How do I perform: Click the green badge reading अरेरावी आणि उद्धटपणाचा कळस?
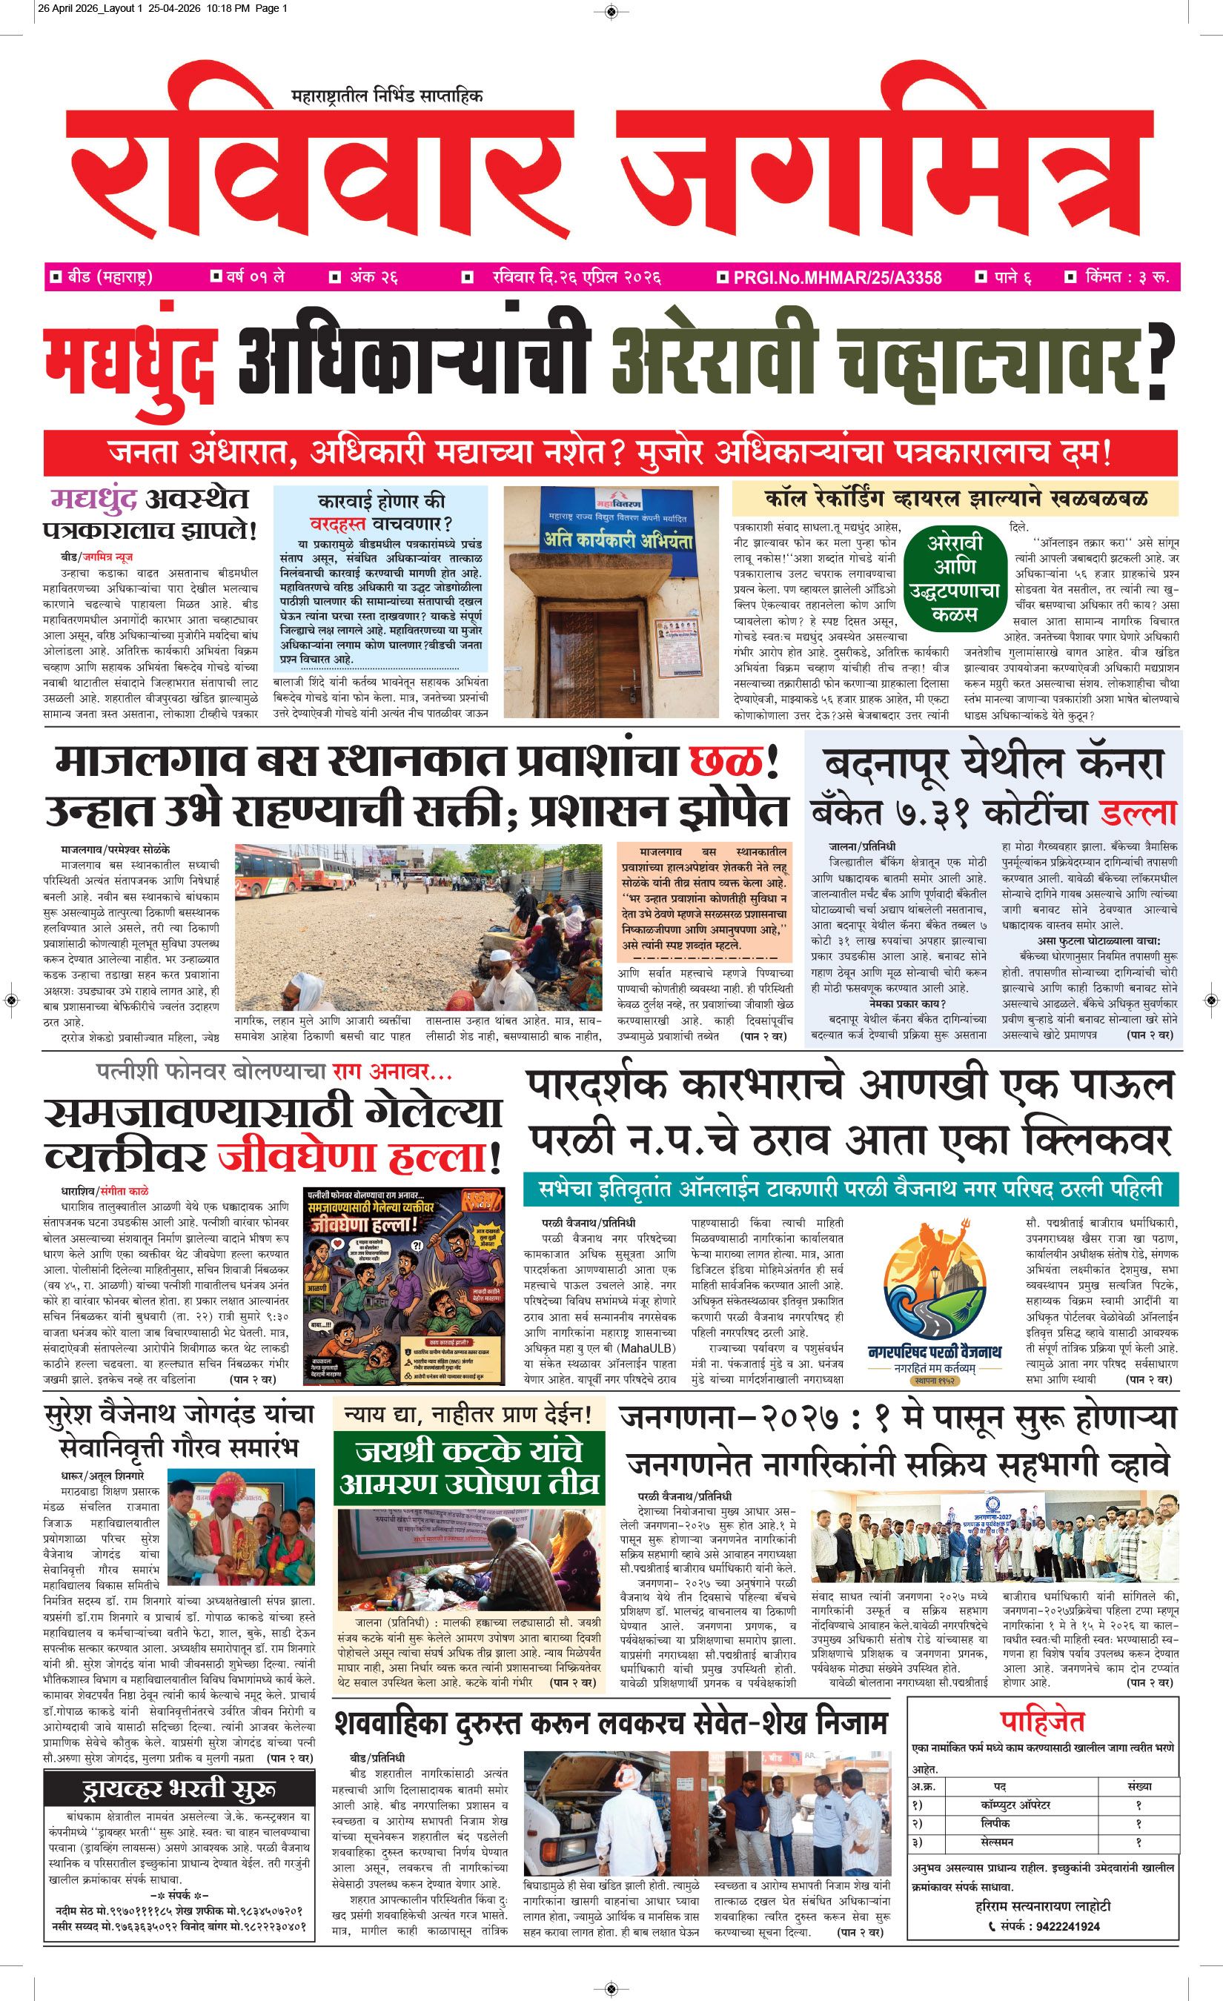[955, 577]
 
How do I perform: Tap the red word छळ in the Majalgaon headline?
[726, 762]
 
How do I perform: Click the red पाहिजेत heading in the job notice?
[1042, 1720]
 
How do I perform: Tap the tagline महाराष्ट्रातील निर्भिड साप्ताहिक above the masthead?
[387, 96]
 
